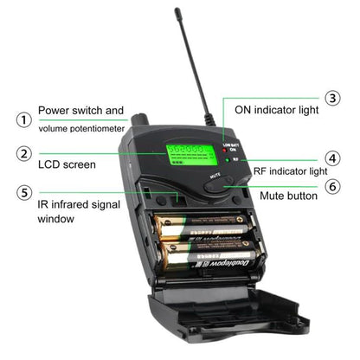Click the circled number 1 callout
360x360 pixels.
(x=25, y=119)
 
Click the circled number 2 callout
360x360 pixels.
(x=25, y=154)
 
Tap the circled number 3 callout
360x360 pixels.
(x=332, y=99)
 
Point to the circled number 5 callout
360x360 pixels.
(x=25, y=193)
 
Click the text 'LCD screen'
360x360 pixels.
(x=67, y=164)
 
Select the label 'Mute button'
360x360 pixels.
(x=288, y=196)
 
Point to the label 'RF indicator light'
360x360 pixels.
(x=290, y=170)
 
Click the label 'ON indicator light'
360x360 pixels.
(x=271, y=111)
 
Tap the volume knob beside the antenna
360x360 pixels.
(x=140, y=119)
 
